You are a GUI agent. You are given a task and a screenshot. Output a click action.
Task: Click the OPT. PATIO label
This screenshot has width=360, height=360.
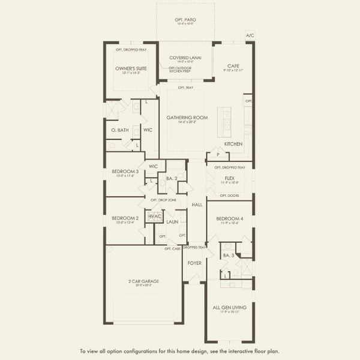(x=185, y=20)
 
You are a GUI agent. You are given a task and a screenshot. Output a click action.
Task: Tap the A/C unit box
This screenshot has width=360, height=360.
(x=250, y=35)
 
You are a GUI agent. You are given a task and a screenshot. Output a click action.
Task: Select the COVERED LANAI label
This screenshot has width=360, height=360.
(x=185, y=57)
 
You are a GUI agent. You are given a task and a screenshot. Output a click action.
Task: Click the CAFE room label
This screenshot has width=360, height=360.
(x=234, y=66)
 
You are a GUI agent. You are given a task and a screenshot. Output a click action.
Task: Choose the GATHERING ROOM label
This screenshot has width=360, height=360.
(x=187, y=118)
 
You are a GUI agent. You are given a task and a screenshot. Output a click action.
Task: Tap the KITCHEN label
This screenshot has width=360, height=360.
(x=233, y=144)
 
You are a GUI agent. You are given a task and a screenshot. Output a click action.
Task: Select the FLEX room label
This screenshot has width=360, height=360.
(x=229, y=178)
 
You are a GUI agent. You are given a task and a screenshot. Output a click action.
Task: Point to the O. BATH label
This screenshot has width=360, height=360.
(x=120, y=130)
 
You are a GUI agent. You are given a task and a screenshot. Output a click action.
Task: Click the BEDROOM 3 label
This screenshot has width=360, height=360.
(x=125, y=171)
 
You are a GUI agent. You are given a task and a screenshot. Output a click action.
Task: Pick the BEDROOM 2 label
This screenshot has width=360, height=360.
(x=125, y=218)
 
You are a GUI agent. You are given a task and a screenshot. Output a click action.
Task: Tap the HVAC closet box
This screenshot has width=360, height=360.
(x=155, y=216)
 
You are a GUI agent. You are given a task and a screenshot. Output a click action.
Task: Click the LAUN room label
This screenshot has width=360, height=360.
(x=173, y=221)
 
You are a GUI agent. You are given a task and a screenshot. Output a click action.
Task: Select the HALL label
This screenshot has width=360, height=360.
(x=197, y=205)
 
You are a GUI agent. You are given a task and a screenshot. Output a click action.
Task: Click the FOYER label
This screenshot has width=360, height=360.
(x=194, y=263)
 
